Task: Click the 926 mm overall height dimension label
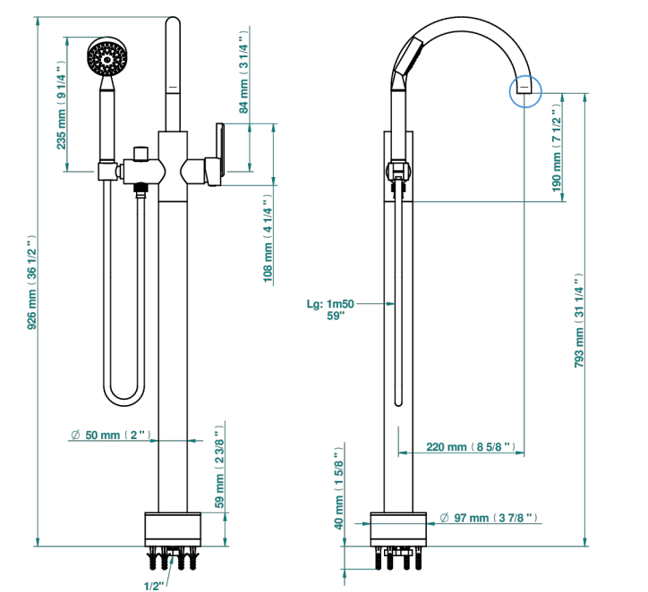coord(32,283)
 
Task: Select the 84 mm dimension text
coord(243,71)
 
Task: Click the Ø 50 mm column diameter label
coord(111,435)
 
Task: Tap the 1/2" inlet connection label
coord(154,586)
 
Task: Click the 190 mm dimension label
coord(557,148)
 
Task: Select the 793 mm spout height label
coord(579,321)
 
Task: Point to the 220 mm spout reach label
coord(471,447)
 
